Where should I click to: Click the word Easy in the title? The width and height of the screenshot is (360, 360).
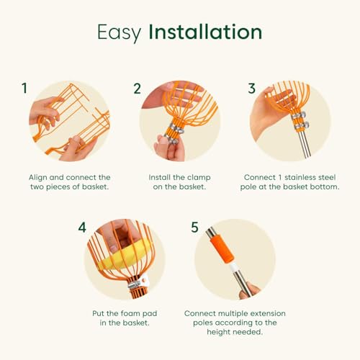click(x=119, y=32)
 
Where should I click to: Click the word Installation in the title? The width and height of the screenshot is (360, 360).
click(x=205, y=32)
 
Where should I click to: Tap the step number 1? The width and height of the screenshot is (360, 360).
click(x=24, y=88)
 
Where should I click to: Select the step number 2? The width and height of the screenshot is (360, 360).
click(x=138, y=89)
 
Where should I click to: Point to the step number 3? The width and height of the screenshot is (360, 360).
click(x=251, y=88)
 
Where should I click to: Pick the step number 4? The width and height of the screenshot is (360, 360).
click(x=82, y=227)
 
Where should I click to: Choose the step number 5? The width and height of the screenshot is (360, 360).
click(x=194, y=227)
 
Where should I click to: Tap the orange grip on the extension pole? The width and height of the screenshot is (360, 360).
click(x=222, y=251)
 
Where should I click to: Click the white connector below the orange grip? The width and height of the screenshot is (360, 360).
click(x=233, y=267)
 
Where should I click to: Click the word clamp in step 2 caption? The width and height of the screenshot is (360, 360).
click(x=199, y=177)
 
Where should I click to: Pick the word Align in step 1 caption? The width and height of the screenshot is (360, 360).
click(x=37, y=178)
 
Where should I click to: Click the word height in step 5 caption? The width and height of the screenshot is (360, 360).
click(x=219, y=332)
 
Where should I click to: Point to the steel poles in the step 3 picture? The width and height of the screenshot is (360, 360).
click(x=304, y=144)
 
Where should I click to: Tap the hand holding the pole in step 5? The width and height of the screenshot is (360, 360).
click(x=249, y=291)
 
